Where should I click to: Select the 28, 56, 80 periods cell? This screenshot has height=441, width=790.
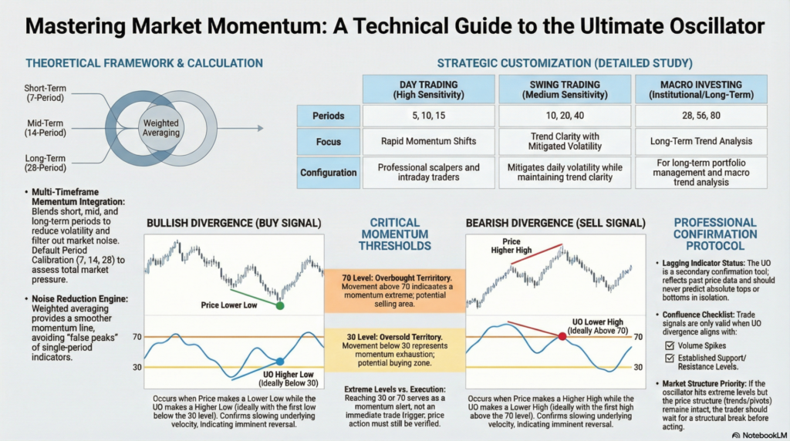pyautogui.click(x=701, y=116)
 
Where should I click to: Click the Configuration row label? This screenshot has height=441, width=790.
pyautogui.click(x=329, y=173)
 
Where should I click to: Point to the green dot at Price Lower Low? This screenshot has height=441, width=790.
pyautogui.click(x=280, y=305)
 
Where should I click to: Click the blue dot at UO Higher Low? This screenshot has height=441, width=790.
pyautogui.click(x=280, y=361)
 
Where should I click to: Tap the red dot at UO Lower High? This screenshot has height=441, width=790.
pyautogui.click(x=562, y=336)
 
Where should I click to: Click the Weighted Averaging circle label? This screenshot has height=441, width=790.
pyautogui.click(x=160, y=129)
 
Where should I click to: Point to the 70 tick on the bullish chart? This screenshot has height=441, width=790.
pyautogui.click(x=137, y=337)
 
